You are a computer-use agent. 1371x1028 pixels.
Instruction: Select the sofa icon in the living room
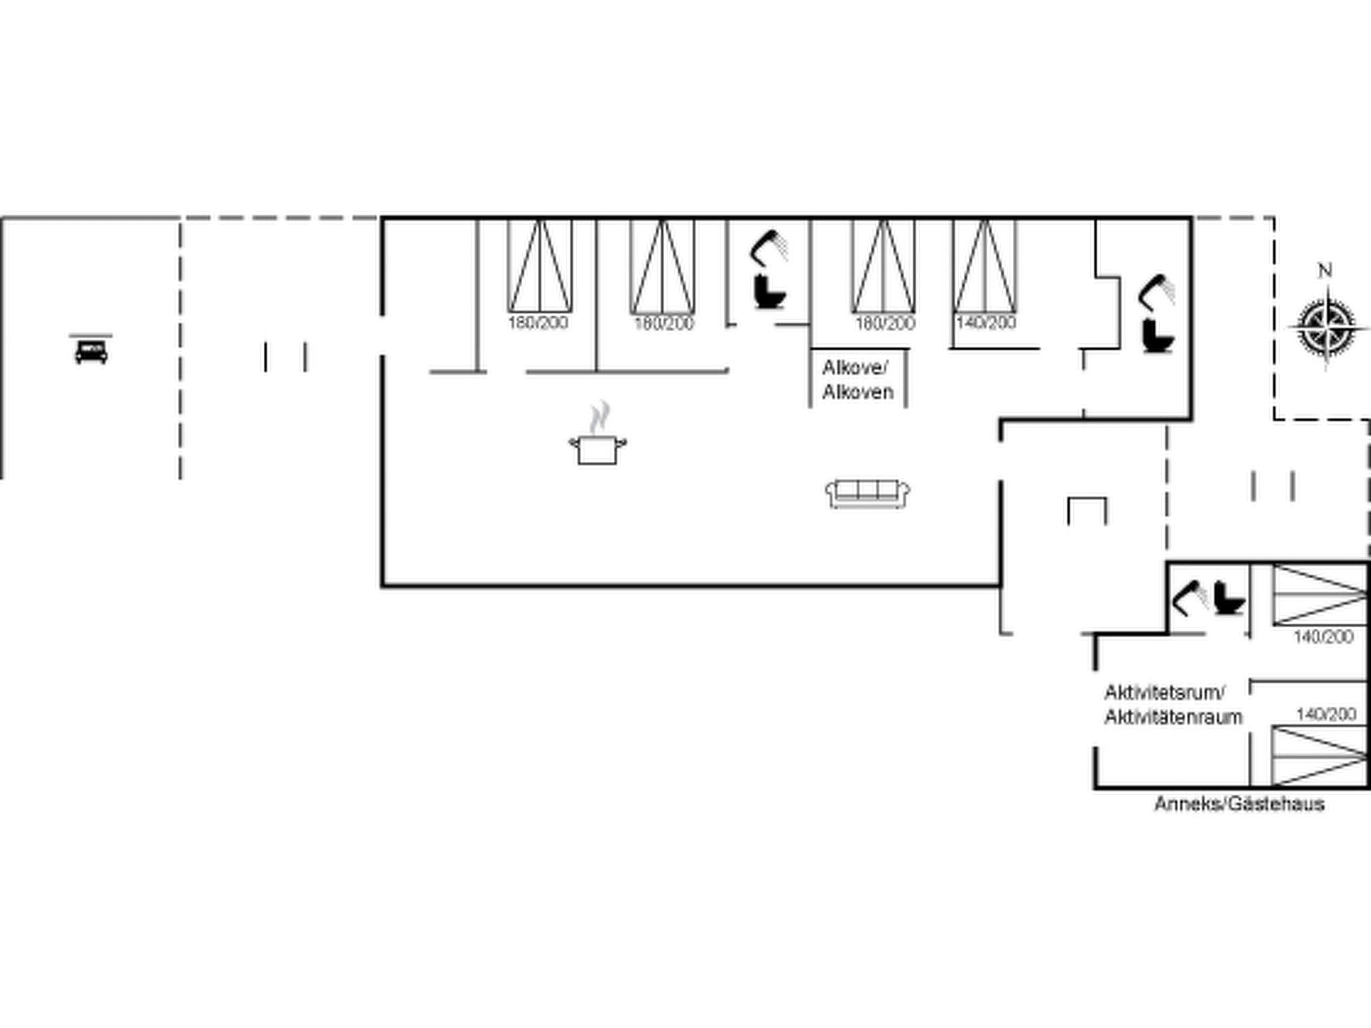[x=868, y=494]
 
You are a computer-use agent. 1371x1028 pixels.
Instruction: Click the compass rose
[x=1326, y=327]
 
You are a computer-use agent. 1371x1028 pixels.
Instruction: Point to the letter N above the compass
[x=1324, y=270]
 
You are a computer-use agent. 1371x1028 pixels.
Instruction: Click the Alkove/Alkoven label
[x=858, y=379]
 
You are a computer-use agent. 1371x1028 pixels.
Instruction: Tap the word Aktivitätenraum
[x=1173, y=717]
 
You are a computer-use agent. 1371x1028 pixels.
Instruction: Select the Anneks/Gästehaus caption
[x=1239, y=804]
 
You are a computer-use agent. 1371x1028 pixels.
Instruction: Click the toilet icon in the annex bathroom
[x=1229, y=598]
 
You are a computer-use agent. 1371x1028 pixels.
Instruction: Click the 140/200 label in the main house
[x=986, y=323]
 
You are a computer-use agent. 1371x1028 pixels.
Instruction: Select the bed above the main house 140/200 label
[x=985, y=266]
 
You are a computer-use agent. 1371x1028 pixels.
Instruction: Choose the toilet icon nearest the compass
[x=1158, y=337]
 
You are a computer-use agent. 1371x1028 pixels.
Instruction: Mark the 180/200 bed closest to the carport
[x=540, y=266]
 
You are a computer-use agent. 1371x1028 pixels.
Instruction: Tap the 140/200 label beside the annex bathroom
[x=1323, y=636]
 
